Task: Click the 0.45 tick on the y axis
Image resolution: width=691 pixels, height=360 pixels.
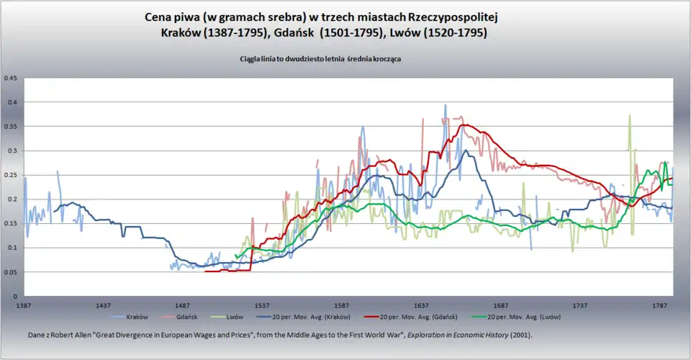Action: coord(11,78)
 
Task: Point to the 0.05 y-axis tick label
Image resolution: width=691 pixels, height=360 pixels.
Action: coord(11,272)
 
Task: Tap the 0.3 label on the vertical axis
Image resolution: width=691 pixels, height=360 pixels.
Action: coord(12,150)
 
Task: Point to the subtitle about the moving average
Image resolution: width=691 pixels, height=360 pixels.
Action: coord(320,60)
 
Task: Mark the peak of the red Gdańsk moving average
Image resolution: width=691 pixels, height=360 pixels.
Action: coord(464,125)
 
